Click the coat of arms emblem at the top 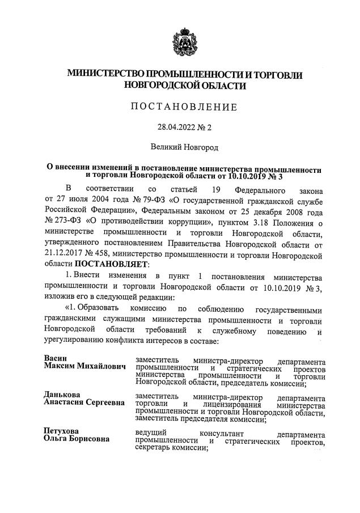click(x=181, y=40)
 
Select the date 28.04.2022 click(x=171, y=128)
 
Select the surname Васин click(x=56, y=359)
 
